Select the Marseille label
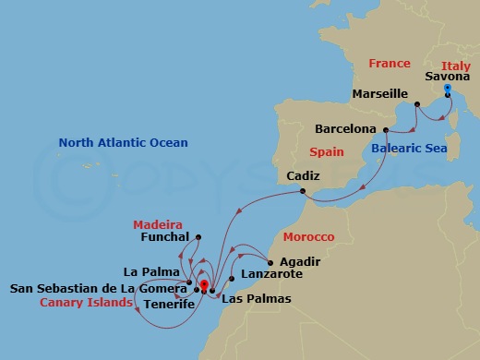click(x=380, y=94)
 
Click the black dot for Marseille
click(x=417, y=104)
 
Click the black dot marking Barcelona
click(x=381, y=129)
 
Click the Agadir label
click(x=299, y=260)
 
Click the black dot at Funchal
click(x=198, y=236)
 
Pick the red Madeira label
click(x=156, y=223)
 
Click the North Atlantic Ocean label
click(x=123, y=143)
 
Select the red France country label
click(x=389, y=64)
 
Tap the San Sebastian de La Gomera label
click(x=96, y=287)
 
